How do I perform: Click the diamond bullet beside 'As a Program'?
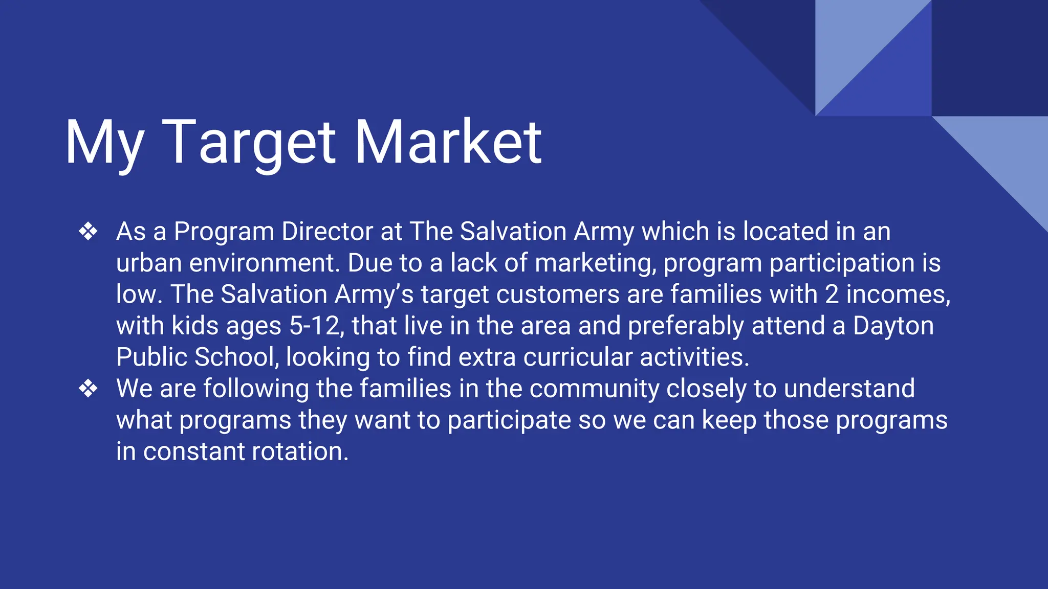[88, 232]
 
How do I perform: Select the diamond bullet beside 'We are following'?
[88, 389]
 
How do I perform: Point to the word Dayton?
[893, 326]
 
